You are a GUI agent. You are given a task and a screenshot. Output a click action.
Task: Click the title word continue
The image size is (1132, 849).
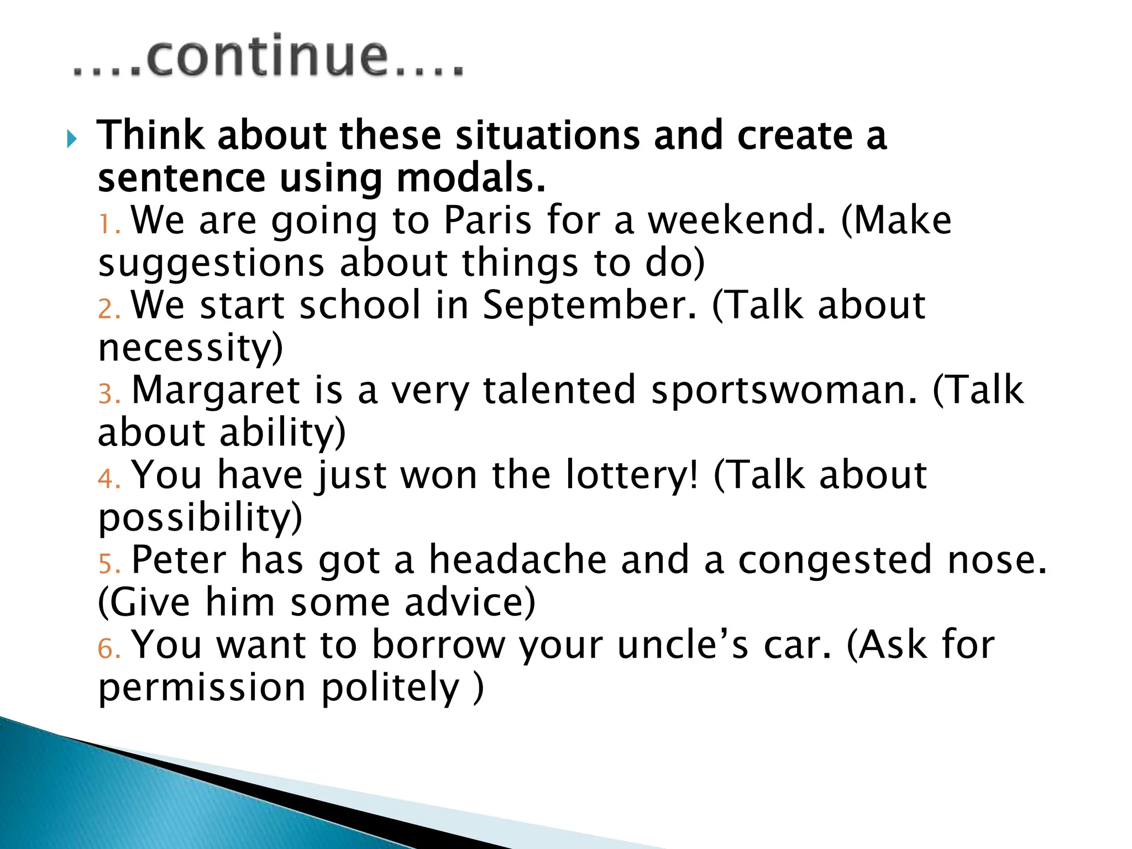tap(269, 57)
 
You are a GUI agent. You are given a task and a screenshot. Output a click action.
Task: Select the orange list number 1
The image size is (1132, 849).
tap(108, 225)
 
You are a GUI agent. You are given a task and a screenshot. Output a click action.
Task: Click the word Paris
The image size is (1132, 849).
tap(488, 221)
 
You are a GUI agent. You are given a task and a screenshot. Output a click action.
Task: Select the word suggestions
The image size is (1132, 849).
tap(211, 264)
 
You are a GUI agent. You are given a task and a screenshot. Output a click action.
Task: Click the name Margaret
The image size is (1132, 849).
tap(216, 391)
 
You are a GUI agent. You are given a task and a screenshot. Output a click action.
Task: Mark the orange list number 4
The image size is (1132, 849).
tap(108, 479)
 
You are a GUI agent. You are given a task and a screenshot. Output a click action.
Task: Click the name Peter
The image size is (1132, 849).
tap(179, 560)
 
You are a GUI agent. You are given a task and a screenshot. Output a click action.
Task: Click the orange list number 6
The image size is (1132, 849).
tap(108, 649)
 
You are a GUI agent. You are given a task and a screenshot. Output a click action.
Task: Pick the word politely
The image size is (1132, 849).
tap(390, 688)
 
